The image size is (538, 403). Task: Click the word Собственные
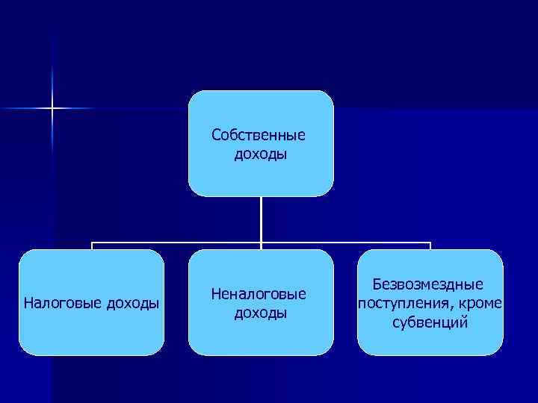tap(259, 136)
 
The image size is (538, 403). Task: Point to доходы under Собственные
tap(261, 155)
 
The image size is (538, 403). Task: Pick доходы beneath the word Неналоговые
tap(261, 313)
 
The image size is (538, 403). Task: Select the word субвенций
tap(430, 323)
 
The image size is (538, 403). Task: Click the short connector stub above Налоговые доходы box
tap(92, 246)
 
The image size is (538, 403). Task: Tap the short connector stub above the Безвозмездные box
tap(430, 246)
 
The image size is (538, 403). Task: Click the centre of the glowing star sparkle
tap(52, 109)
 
